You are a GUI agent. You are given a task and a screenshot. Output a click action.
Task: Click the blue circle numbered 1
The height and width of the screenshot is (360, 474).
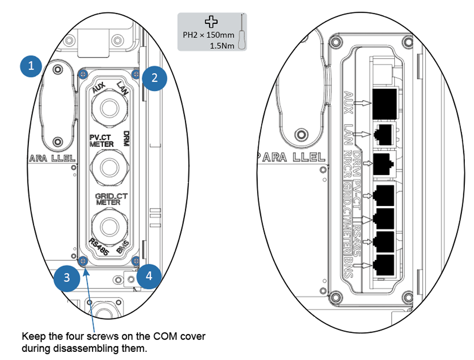click(31, 66)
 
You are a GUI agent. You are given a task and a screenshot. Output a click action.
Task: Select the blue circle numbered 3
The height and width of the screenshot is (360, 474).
click(67, 278)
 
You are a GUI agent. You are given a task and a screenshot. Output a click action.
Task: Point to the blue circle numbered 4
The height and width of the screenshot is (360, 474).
click(148, 276)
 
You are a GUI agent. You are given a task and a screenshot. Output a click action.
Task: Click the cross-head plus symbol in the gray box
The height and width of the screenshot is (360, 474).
click(211, 21)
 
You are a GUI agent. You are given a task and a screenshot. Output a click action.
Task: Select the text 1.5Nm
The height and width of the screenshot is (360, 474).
click(222, 45)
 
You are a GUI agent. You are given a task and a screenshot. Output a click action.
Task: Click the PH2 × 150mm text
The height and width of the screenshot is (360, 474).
click(209, 36)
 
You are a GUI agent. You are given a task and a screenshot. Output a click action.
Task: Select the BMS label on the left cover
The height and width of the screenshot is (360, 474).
click(122, 248)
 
